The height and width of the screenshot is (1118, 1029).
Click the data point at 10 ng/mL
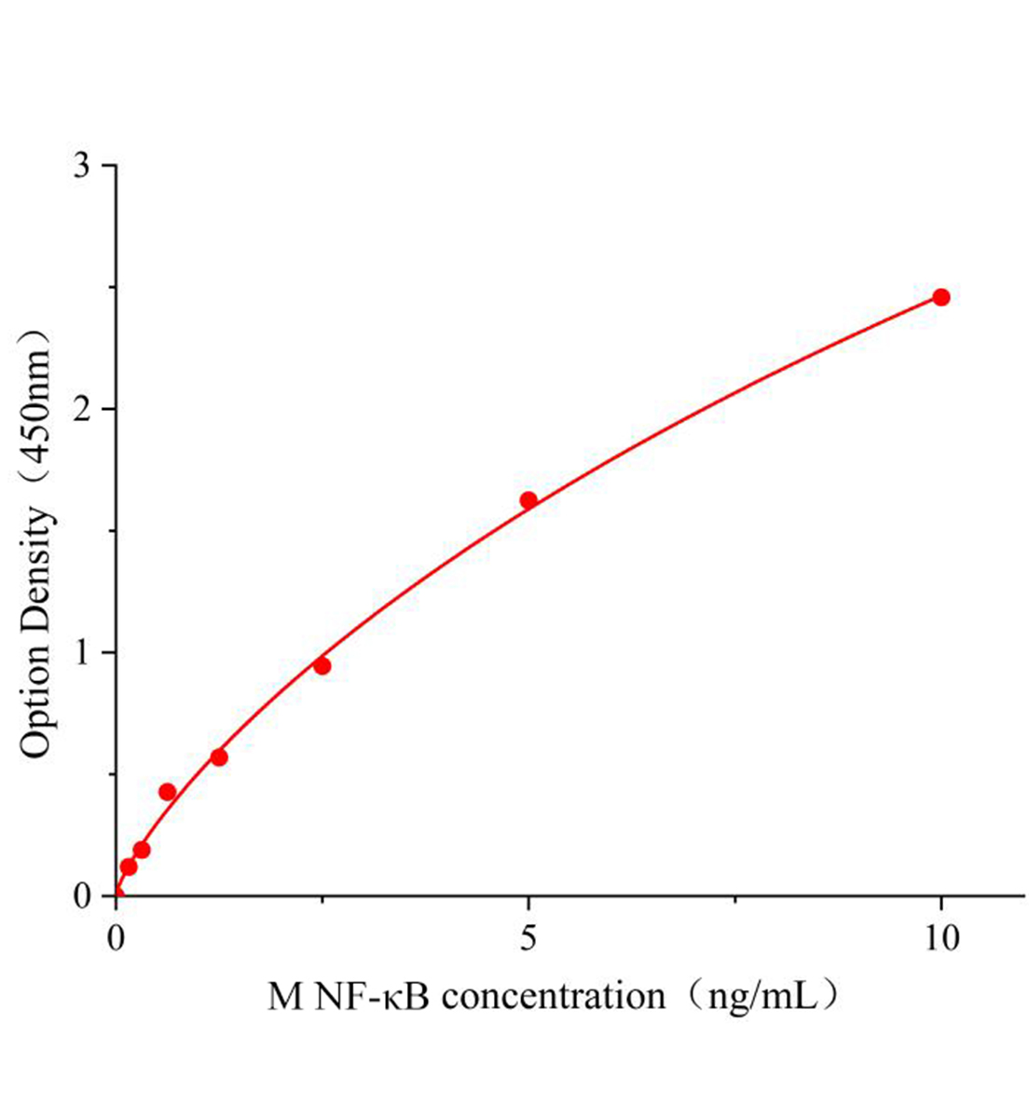[x=940, y=297]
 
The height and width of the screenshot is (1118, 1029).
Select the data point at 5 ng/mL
[x=528, y=500]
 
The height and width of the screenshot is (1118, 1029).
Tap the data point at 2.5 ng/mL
[x=322, y=666]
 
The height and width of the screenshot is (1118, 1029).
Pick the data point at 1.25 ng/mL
[x=219, y=757]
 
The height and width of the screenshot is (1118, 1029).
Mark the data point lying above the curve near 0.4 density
[x=168, y=792]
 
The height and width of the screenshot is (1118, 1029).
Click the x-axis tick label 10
[x=941, y=938]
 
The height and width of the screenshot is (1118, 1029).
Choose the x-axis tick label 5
[x=528, y=938]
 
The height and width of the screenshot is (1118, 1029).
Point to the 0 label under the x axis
[x=117, y=938]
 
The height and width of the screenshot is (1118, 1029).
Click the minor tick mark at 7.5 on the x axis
[x=735, y=901]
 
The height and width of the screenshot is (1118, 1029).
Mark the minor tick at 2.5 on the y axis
[x=111, y=287]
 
